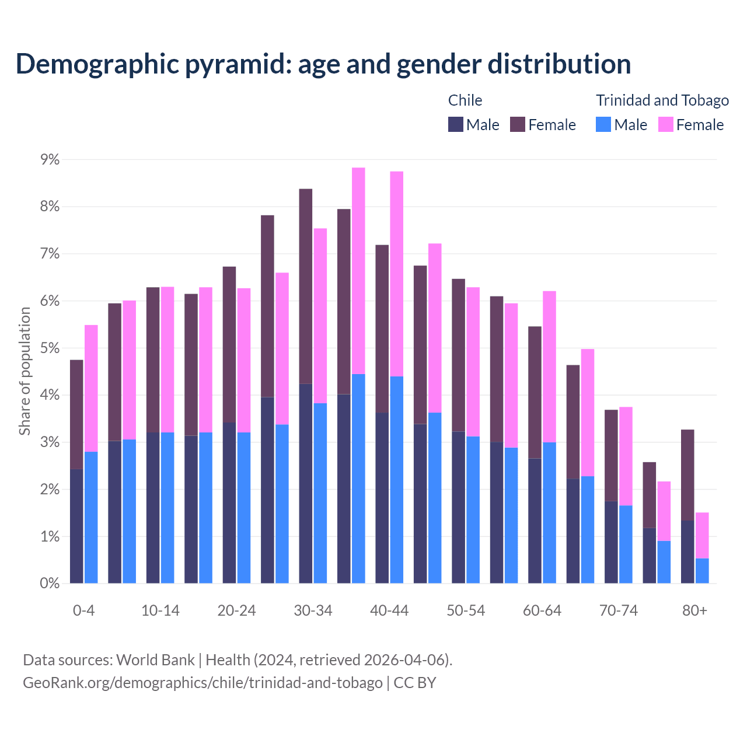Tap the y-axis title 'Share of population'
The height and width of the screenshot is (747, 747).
pyautogui.click(x=25, y=371)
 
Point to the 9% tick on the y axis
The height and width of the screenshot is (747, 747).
pyautogui.click(x=50, y=160)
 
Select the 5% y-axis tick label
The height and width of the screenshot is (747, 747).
pyautogui.click(x=50, y=348)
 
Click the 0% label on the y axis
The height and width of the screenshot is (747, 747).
pyautogui.click(x=50, y=584)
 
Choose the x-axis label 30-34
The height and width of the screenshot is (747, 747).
pyautogui.click(x=313, y=611)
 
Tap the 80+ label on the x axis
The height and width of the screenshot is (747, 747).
pyautogui.click(x=694, y=611)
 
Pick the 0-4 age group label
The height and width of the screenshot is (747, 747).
pyautogui.click(x=83, y=611)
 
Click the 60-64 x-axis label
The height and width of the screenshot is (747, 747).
pyautogui.click(x=542, y=611)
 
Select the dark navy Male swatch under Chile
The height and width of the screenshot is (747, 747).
pyautogui.click(x=455, y=125)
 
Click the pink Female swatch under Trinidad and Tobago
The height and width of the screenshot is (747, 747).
pyautogui.click(x=665, y=125)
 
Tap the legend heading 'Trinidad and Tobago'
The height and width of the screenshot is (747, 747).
pyautogui.click(x=662, y=100)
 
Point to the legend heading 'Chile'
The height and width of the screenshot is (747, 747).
pyautogui.click(x=465, y=100)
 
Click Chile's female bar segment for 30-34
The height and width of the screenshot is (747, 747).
pyautogui.click(x=305, y=286)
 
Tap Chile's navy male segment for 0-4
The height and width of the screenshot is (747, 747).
pyautogui.click(x=76, y=526)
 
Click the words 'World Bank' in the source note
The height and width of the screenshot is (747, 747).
pyautogui.click(x=155, y=660)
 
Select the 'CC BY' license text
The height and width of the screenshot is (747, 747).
pyautogui.click(x=415, y=683)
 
